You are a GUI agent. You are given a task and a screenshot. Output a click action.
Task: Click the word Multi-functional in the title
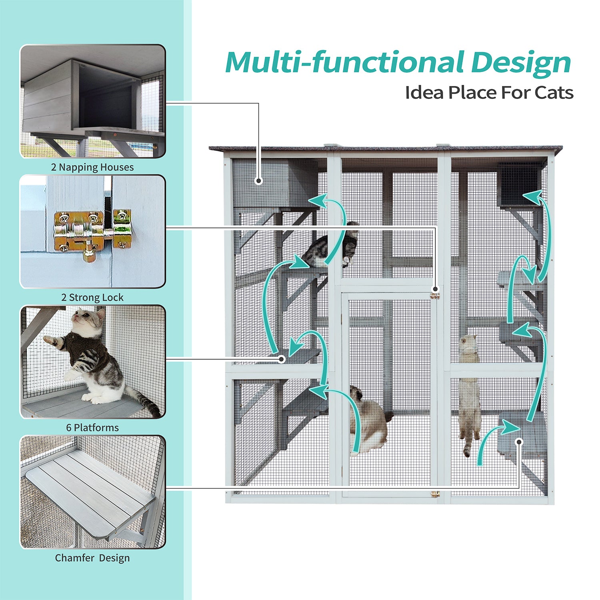(344, 62)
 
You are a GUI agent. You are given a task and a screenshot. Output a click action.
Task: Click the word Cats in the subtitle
(554, 93)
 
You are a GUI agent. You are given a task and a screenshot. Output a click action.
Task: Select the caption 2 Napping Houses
(92, 168)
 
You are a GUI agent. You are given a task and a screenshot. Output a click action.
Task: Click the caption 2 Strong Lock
(92, 298)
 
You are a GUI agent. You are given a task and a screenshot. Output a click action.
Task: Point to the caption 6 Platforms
(92, 428)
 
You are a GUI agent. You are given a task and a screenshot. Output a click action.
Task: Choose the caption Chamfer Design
(92, 558)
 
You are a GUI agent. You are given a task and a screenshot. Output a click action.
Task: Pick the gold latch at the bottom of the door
(435, 494)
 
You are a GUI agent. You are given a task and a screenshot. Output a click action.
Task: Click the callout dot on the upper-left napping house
(259, 181)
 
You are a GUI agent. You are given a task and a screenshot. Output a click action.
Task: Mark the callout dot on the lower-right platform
(519, 442)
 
